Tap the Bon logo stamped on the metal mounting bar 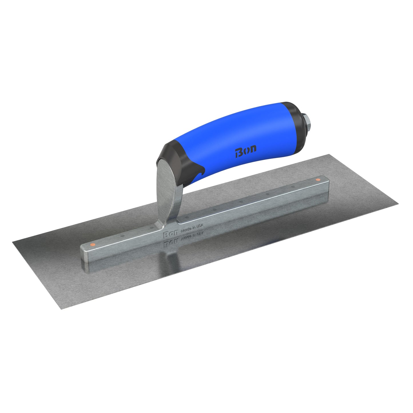[x=170, y=235]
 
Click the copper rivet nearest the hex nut [x=318, y=180]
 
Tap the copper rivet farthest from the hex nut [x=92, y=245]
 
